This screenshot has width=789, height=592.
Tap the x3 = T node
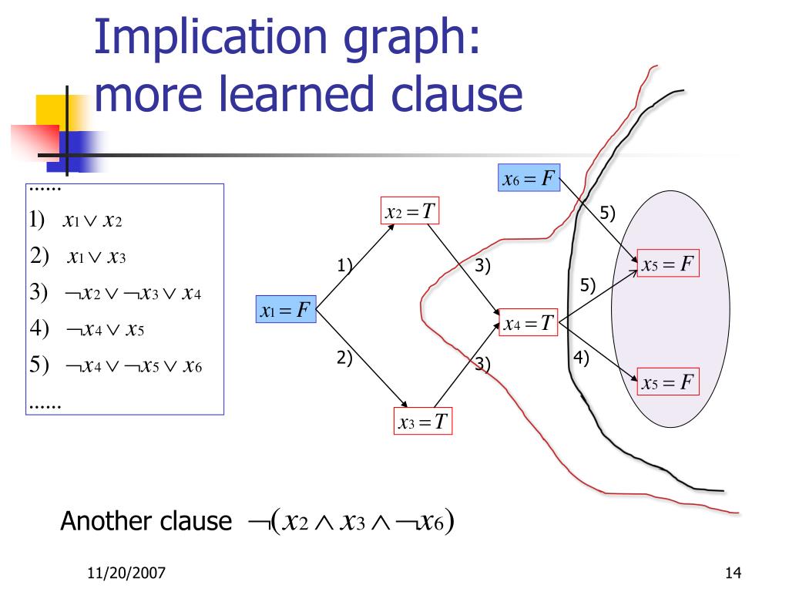pyautogui.click(x=423, y=422)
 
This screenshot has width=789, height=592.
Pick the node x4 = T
pyautogui.click(x=529, y=322)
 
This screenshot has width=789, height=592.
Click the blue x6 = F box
pyautogui.click(x=529, y=180)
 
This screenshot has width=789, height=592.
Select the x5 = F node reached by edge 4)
pyautogui.click(x=668, y=382)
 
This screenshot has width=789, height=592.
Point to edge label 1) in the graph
pyautogui.click(x=344, y=266)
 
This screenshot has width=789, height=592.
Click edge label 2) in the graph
pyautogui.click(x=344, y=357)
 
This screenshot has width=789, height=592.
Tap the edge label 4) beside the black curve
pyautogui.click(x=581, y=357)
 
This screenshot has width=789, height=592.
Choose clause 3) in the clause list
pyautogui.click(x=116, y=294)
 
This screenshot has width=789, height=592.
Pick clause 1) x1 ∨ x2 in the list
pyautogui.click(x=76, y=221)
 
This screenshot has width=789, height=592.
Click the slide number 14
pyautogui.click(x=733, y=573)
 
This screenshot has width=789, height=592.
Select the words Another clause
pyautogui.click(x=146, y=522)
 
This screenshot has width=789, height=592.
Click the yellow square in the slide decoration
pyautogui.click(x=49, y=109)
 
